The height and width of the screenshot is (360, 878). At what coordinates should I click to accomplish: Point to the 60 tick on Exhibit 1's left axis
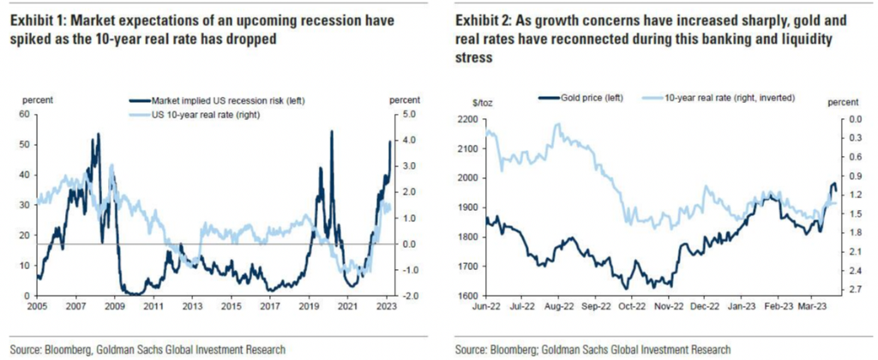click(23, 114)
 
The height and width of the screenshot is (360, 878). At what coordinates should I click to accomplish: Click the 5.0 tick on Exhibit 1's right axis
click(411, 114)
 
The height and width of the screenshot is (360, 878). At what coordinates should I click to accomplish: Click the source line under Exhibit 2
click(593, 349)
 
